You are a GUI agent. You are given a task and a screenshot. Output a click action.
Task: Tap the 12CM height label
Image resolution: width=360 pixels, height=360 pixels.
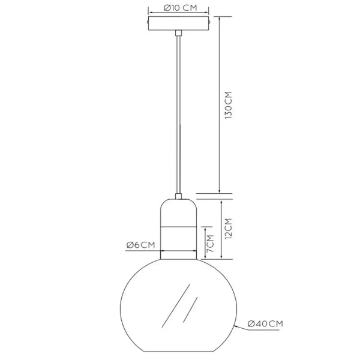(x=227, y=229)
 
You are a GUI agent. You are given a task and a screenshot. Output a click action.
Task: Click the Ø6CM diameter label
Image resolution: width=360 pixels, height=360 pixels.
(x=141, y=245)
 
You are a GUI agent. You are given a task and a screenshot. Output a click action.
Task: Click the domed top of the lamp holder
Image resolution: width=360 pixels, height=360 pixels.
(x=178, y=210)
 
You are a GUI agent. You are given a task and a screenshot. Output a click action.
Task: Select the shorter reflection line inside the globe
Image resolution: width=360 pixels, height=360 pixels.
(x=193, y=310)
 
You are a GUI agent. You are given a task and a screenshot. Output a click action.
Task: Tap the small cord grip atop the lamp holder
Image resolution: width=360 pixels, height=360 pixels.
(x=178, y=196)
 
